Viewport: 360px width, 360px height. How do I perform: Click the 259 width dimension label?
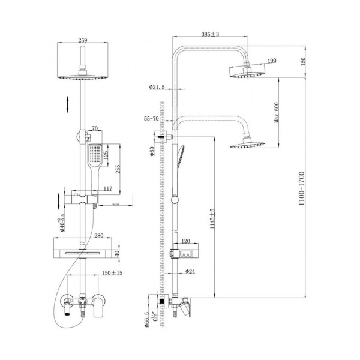83,40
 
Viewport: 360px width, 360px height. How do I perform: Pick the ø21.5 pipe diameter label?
157,88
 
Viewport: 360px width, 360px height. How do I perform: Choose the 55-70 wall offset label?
152,119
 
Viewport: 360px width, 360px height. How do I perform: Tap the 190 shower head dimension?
271,61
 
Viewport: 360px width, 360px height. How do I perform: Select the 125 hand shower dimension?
106,158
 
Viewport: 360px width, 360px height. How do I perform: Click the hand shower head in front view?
94,155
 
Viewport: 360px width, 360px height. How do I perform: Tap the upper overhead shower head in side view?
247,73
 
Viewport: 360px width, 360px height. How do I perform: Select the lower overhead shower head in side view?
247,143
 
